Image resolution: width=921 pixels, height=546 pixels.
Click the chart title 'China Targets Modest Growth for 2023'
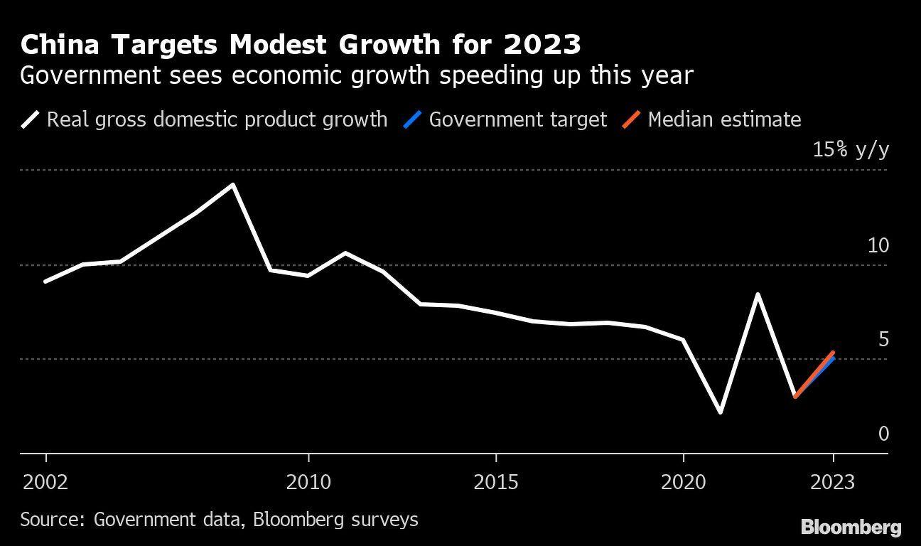pos(301,45)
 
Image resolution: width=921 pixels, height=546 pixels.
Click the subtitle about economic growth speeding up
pos(356,75)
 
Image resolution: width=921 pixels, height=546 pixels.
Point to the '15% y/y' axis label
pos(851,150)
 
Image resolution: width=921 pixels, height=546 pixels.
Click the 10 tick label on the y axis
pos(878,245)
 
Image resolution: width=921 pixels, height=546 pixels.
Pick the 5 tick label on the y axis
pos(883,339)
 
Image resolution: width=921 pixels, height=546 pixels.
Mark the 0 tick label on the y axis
pos(883,434)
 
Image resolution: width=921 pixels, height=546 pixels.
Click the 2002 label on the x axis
pos(45,483)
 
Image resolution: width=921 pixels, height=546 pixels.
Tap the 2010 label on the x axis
pos(308,483)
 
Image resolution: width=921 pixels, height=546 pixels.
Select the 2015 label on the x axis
pos(496,483)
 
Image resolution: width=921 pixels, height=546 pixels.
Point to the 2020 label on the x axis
pos(684,483)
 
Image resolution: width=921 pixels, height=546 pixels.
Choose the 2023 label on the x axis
pos(833,483)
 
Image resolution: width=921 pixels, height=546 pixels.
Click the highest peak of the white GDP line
pos(233,185)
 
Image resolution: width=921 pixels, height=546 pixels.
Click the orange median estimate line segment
pos(814,374)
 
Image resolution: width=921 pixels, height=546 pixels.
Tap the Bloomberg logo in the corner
pos(851,528)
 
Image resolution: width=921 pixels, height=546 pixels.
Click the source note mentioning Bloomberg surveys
pos(219,519)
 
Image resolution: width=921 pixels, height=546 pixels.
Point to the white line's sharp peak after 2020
pos(758,294)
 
